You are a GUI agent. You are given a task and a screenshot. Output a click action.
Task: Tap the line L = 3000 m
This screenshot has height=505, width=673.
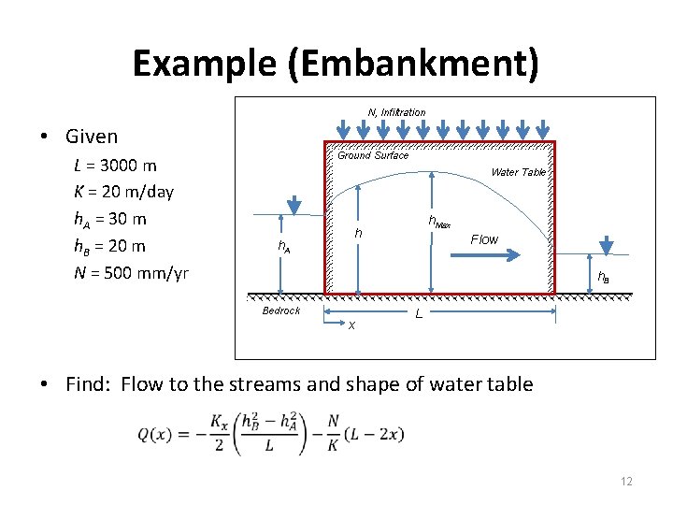tap(115, 166)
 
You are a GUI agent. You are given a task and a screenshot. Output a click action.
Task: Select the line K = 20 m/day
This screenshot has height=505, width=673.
tap(123, 193)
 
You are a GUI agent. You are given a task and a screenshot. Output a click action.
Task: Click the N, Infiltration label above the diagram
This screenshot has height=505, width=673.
tap(396, 112)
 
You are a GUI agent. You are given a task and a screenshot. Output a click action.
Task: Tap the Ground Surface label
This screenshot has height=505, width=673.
tap(373, 155)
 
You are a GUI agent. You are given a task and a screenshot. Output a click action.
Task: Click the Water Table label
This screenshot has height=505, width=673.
tap(518, 172)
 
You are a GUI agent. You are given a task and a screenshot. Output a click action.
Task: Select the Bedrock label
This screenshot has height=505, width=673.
tap(280, 310)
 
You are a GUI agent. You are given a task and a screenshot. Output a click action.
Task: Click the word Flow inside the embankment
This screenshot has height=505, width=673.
tap(484, 239)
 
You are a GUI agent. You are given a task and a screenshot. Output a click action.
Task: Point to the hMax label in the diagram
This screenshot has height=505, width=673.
tap(439, 222)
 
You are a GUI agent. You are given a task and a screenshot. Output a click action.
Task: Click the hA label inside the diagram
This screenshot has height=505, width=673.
tap(284, 246)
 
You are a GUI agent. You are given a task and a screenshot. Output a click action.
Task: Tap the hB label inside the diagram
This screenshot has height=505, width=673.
tap(604, 278)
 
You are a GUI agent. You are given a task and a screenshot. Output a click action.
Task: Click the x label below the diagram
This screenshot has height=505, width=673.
tap(351, 325)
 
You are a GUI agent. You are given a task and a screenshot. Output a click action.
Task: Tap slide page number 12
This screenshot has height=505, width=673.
tap(626, 482)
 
